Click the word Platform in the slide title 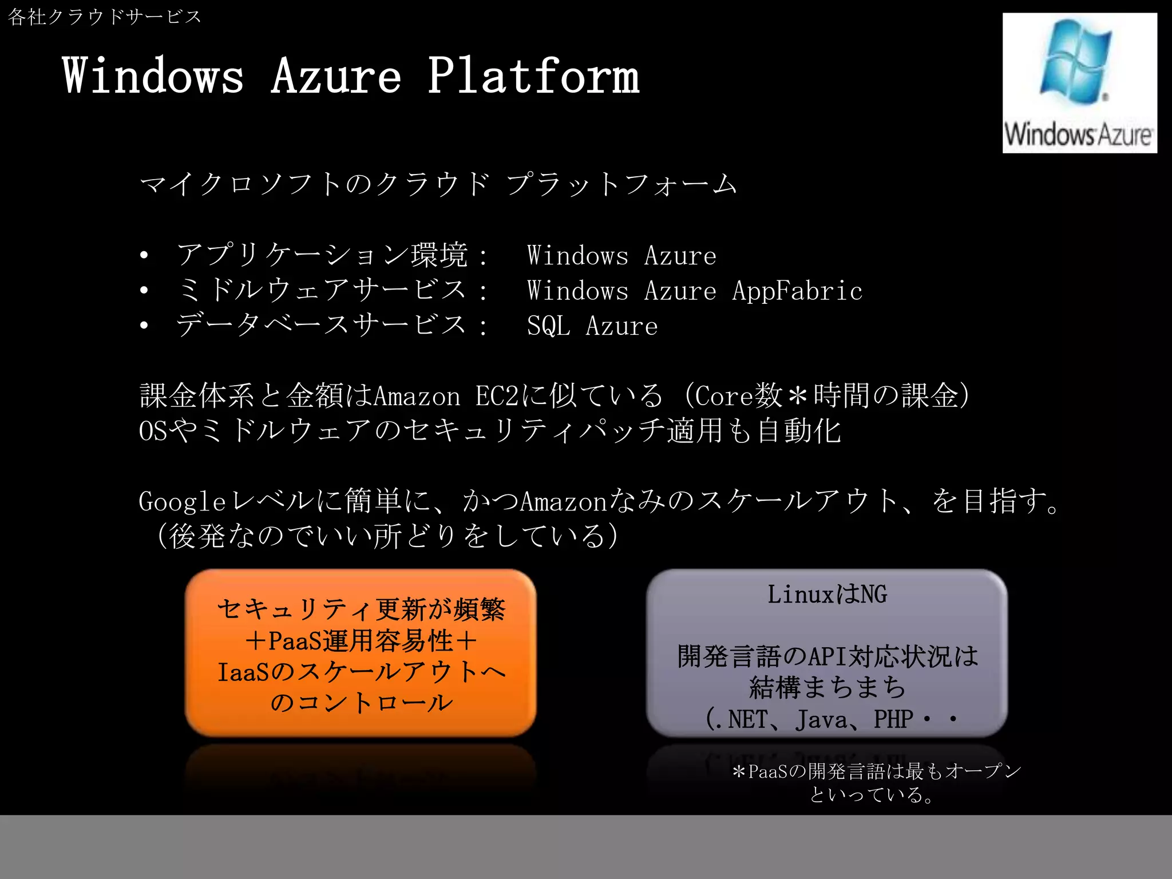tap(533, 76)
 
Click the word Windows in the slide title tap(153, 76)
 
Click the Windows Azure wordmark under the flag tap(1079, 135)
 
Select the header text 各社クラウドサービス tap(105, 17)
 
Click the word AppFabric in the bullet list tap(797, 291)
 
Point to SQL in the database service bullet tap(548, 326)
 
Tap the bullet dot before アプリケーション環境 tap(144, 255)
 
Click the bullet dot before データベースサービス tap(144, 326)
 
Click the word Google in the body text tap(182, 502)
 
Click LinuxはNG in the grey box tap(827, 595)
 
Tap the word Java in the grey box tap(821, 719)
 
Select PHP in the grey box tap(893, 719)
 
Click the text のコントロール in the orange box tap(361, 703)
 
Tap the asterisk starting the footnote tap(739, 772)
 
